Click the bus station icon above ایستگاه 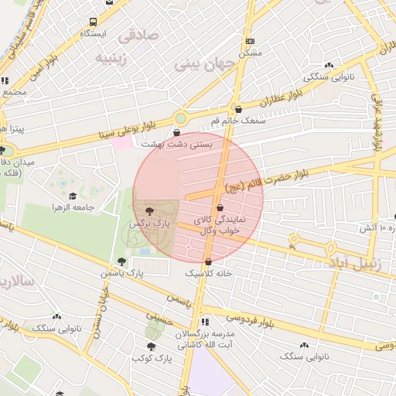click(94, 22)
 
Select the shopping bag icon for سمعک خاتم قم click(237, 110)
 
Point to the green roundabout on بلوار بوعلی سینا click(181, 118)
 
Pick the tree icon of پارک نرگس click(149, 211)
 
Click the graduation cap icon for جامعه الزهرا click(73, 196)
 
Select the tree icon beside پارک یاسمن click(121, 261)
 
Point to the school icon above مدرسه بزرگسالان click(204, 321)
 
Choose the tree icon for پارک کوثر click(151, 347)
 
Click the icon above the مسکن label click(250, 41)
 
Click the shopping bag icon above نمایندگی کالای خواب click(220, 208)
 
